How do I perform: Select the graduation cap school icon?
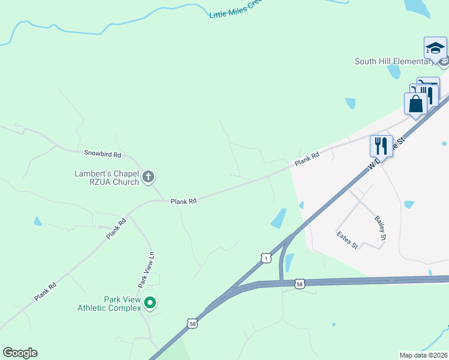coord(435,47)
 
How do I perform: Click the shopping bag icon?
coord(415,104)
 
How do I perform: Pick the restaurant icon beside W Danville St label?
coord(381,145)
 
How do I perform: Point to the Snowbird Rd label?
coord(103,154)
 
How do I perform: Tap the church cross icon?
coord(148,177)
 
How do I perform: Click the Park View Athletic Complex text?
coord(108,304)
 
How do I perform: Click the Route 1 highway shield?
coord(266,257)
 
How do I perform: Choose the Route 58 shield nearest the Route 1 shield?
coord(300,283)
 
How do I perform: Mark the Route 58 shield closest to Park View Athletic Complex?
coord(192,323)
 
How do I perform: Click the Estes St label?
coord(347,240)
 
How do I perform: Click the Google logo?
coord(20,353)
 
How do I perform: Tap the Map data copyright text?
coord(423,355)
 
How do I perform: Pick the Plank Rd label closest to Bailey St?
coord(306,159)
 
